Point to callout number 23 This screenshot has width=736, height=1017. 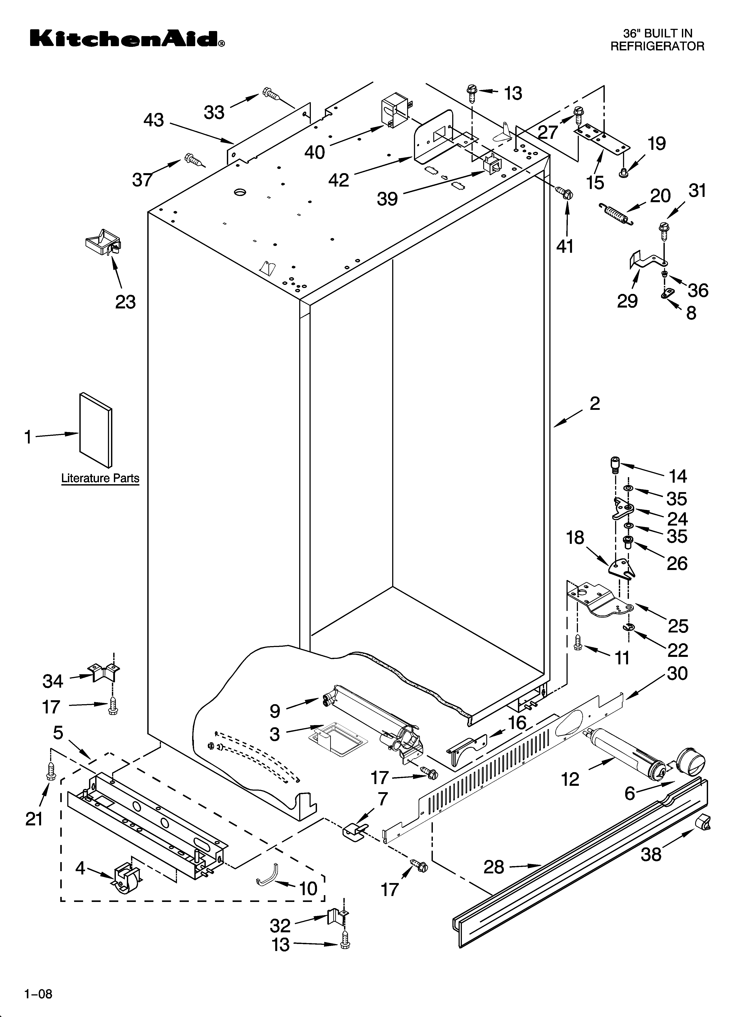point(126,302)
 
